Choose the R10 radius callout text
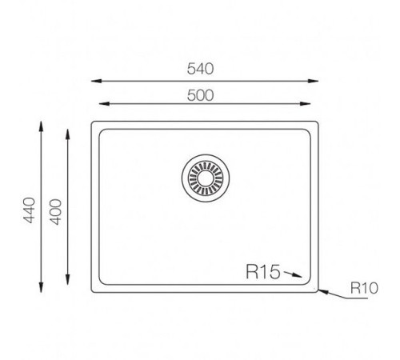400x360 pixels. (x=362, y=286)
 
